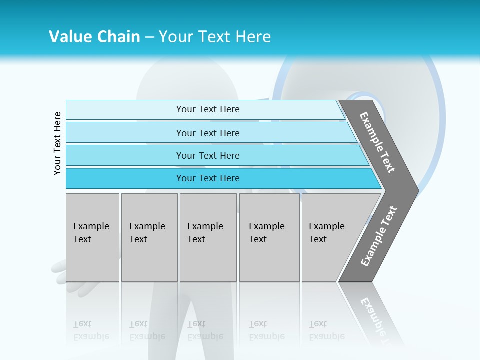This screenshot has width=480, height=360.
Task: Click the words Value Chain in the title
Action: (94, 37)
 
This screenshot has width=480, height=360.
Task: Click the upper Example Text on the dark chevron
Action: (377, 142)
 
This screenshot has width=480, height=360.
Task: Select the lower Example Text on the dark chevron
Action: (378, 236)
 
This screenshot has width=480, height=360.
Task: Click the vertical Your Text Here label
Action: (57, 143)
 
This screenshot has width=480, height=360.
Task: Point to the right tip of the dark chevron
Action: (416, 190)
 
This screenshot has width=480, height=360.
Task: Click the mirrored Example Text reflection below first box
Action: (91, 330)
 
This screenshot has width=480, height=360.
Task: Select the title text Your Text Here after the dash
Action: (214, 37)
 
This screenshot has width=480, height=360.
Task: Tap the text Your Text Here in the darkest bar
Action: (208, 178)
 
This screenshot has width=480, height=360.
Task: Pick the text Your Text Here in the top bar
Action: (208, 109)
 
